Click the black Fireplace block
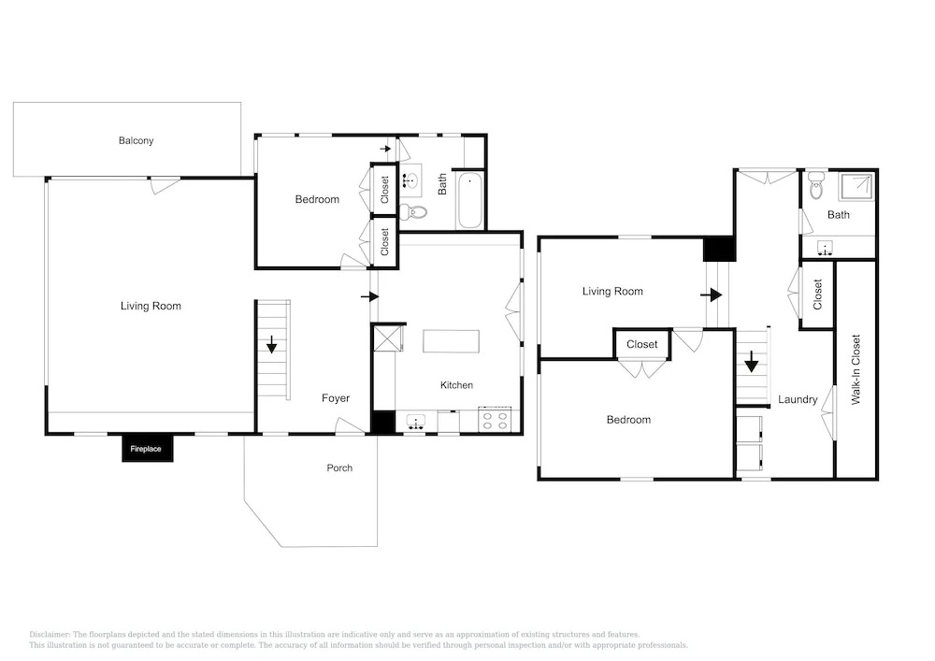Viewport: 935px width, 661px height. tap(148, 448)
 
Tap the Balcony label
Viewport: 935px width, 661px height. tap(136, 140)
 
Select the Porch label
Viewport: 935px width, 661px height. tap(339, 467)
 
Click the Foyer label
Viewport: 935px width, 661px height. tap(335, 398)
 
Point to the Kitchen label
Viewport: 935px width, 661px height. tap(456, 385)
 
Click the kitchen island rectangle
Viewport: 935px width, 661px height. tap(451, 341)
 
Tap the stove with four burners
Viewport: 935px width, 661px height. tap(495, 420)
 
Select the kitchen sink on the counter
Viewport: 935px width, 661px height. tap(416, 422)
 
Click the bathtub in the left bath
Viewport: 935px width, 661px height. tap(470, 200)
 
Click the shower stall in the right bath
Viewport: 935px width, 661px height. tap(856, 187)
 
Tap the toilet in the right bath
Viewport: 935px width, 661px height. tap(816, 186)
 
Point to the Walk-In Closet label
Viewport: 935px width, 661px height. tap(856, 369)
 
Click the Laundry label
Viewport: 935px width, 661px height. tap(798, 399)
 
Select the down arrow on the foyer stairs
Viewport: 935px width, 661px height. tap(271, 344)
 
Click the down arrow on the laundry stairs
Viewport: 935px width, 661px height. tap(752, 361)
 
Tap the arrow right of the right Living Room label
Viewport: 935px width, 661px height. tap(711, 295)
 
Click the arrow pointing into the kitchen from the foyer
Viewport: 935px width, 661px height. tap(369, 296)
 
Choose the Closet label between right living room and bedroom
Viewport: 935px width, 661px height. tap(641, 344)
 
